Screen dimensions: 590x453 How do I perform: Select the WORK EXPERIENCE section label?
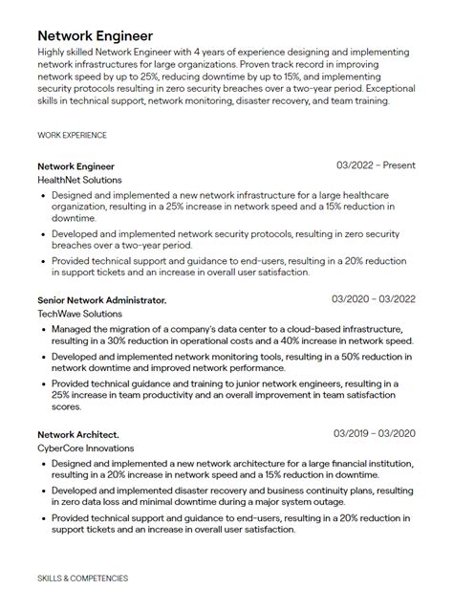[x=73, y=136]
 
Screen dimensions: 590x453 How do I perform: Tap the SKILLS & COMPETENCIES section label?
[x=82, y=579]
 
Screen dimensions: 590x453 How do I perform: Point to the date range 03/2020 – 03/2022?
[x=374, y=299]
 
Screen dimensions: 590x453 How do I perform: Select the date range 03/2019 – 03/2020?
[x=374, y=433]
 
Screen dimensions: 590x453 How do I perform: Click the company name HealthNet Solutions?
[x=79, y=180]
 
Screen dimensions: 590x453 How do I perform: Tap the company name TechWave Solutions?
[x=79, y=314]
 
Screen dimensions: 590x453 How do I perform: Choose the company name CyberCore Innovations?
[x=86, y=448]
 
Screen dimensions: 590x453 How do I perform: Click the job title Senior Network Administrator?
[x=102, y=300]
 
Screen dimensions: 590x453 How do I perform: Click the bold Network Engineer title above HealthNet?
[x=76, y=166]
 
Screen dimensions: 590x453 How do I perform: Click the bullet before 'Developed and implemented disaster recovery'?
[x=44, y=490]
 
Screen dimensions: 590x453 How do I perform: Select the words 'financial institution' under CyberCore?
[x=371, y=463]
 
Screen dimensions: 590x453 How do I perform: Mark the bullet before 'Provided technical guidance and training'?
[x=44, y=383]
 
